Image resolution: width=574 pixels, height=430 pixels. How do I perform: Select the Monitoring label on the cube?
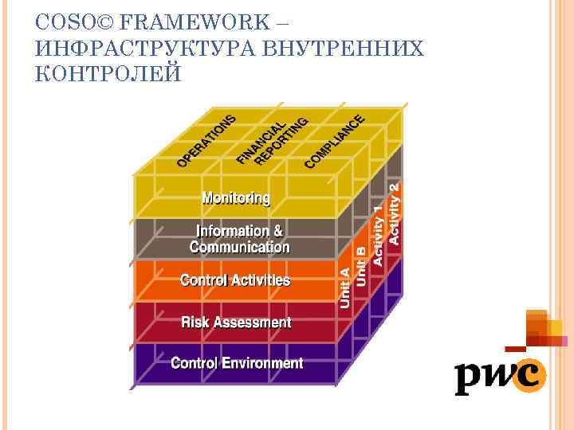(x=236, y=197)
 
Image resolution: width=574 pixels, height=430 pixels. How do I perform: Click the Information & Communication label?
(x=239, y=239)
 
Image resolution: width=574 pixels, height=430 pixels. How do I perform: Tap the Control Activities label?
(x=235, y=280)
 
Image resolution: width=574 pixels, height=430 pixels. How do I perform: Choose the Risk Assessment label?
(x=236, y=322)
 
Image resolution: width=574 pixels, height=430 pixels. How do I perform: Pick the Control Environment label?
(x=237, y=363)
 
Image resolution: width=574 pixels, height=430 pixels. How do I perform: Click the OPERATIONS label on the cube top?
(x=206, y=140)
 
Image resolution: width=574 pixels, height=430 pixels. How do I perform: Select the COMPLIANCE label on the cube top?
(x=335, y=141)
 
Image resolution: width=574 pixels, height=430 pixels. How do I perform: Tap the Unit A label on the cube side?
(x=345, y=287)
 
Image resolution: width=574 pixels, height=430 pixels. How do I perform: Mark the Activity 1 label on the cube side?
(x=378, y=236)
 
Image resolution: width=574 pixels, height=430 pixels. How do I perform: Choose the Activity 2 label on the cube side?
(x=394, y=213)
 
